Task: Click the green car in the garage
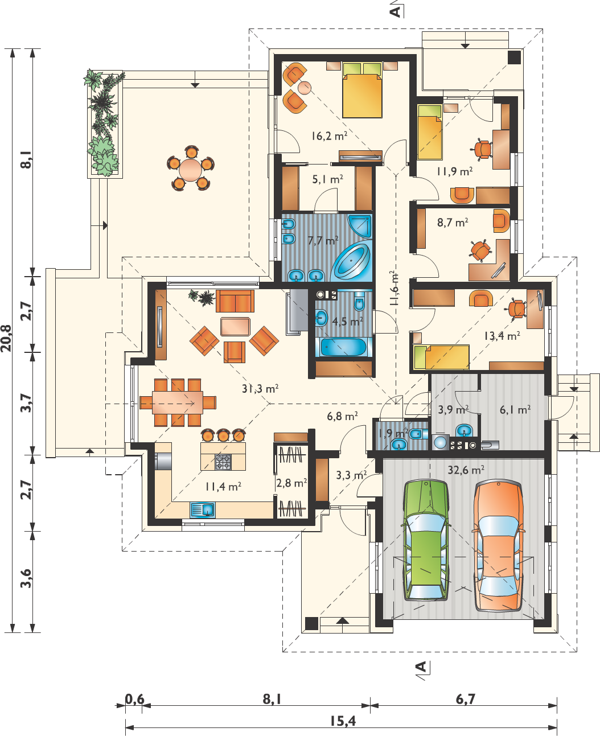[426, 541]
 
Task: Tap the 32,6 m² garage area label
[466, 470]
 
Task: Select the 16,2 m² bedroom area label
[329, 136]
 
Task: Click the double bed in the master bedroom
[362, 90]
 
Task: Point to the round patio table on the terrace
[191, 169]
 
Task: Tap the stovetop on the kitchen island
[223, 462]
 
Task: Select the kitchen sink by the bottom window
[202, 510]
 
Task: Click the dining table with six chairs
[178, 402]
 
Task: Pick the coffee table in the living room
[235, 327]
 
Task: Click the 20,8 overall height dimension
[6, 338]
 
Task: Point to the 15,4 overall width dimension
[343, 721]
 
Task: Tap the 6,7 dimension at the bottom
[466, 699]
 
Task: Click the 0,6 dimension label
[134, 699]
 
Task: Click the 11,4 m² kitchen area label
[223, 487]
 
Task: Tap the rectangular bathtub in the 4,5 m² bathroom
[343, 347]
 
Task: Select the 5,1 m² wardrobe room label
[327, 179]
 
